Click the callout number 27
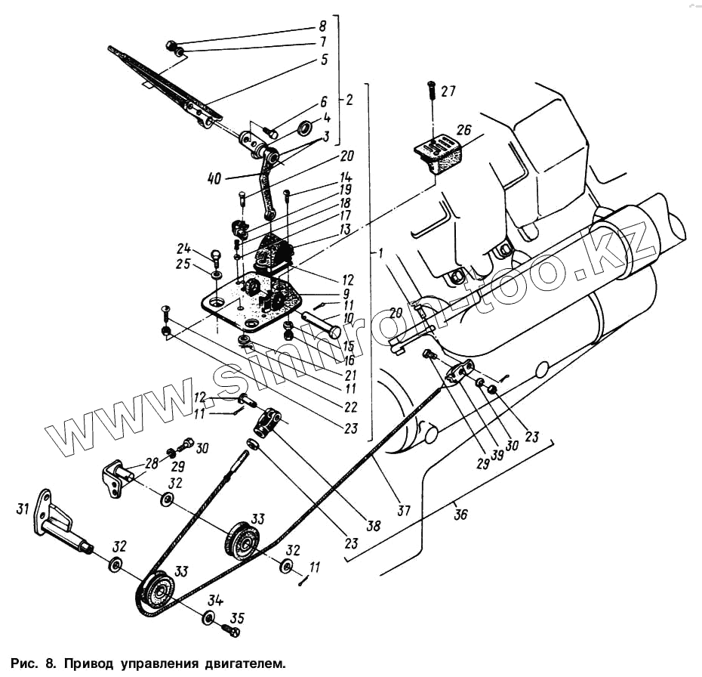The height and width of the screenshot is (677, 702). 448,92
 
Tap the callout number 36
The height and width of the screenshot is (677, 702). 460,515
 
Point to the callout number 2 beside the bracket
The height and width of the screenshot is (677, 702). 349,99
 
